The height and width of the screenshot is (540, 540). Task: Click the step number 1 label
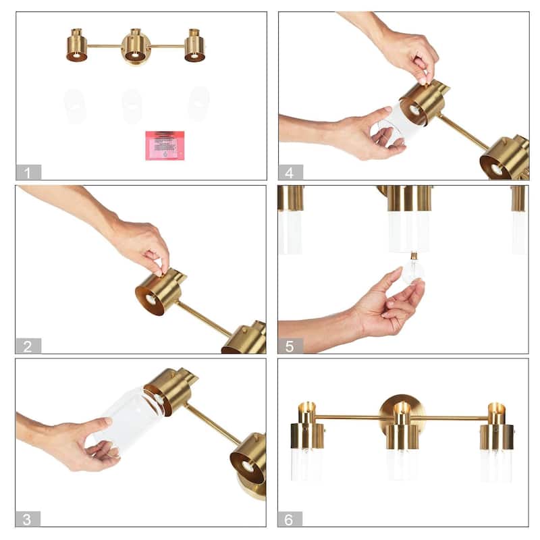point(28,173)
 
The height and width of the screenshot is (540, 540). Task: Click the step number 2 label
point(28,346)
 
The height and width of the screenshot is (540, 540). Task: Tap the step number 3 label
point(28,519)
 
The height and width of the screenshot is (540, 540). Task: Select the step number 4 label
point(290,173)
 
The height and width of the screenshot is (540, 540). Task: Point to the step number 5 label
point(290,346)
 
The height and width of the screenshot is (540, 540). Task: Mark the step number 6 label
point(290,519)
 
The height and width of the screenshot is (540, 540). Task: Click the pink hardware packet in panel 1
point(165,145)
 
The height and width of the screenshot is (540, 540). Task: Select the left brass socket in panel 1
point(77,46)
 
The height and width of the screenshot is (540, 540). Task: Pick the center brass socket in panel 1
point(136,47)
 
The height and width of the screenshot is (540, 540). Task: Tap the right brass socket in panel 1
point(194,46)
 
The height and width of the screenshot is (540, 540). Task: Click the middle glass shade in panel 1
point(132,106)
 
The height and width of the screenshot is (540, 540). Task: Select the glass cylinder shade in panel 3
point(132,416)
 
